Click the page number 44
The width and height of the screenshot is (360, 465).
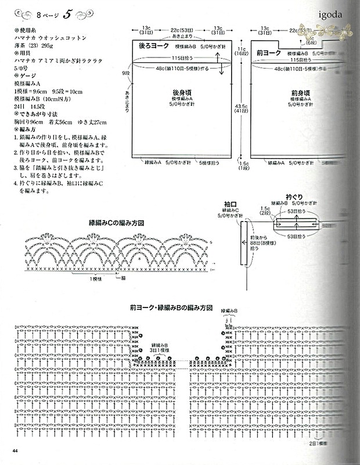(x=14, y=450)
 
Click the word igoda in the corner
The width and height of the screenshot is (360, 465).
(x=330, y=13)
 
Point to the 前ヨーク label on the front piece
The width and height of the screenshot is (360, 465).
(x=268, y=52)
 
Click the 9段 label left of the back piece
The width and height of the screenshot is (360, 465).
(x=125, y=73)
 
